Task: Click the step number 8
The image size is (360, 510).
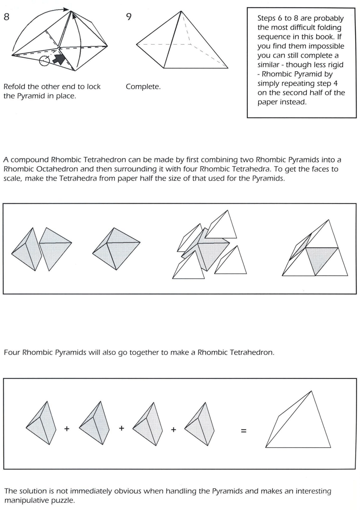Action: pos(6,17)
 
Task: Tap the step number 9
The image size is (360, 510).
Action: pos(129,17)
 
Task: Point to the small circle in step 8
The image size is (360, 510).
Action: pos(44,61)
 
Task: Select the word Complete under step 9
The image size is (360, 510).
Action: pos(143,87)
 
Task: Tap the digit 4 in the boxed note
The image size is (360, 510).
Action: pos(336,83)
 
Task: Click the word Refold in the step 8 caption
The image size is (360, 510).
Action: pos(14,87)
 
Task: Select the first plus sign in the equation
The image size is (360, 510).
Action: pos(67,429)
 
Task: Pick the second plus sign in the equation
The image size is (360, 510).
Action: pos(121,428)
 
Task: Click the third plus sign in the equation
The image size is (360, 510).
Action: pos(173,429)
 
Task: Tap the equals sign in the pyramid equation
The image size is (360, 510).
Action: pos(244,431)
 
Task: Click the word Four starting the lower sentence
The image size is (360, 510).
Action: pos(12,352)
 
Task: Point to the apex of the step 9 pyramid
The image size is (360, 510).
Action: pos(182,11)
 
